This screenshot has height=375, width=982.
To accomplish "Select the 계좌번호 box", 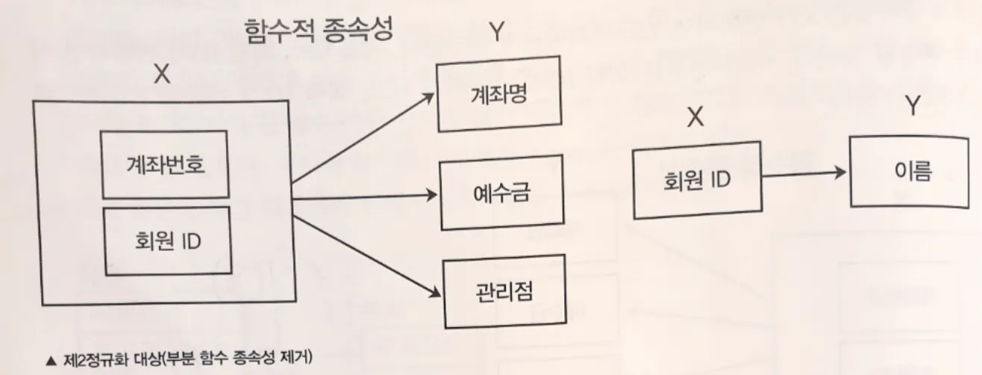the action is point(164,164).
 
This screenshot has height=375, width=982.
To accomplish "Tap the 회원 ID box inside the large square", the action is point(164,243).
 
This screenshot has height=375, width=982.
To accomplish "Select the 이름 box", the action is point(912,173).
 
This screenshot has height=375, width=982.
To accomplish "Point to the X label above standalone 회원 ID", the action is point(694,119).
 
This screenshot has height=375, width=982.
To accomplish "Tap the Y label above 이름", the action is point(912,107).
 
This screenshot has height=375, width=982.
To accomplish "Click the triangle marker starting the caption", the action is point(50,360).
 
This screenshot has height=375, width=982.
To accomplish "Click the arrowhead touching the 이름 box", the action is point(841,172).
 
